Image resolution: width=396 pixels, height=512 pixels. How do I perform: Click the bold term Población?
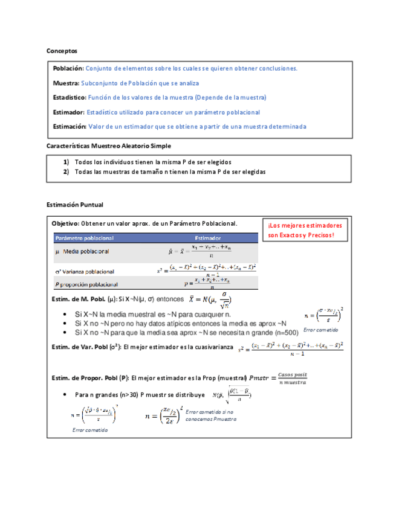click(68, 69)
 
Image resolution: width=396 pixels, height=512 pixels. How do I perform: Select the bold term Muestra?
click(66, 83)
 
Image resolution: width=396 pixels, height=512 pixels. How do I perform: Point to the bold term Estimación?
click(70, 127)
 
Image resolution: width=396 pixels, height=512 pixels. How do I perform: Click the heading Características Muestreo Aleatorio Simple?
click(109, 146)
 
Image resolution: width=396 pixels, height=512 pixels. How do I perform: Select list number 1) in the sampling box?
click(67, 162)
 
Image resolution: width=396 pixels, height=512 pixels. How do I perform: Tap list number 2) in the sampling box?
click(67, 172)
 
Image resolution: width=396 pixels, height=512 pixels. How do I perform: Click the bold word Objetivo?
click(65, 223)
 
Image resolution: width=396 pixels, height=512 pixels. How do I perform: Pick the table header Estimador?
click(207, 238)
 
